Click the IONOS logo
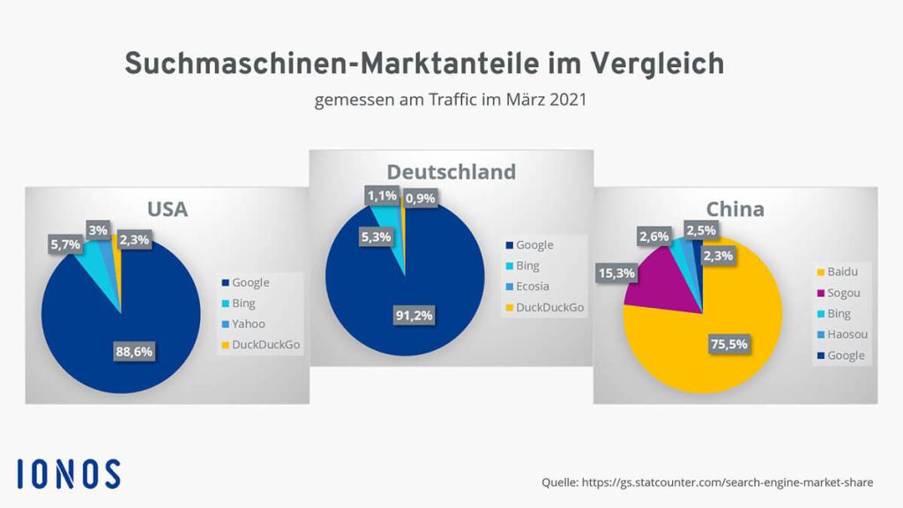point(69,474)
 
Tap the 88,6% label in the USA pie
point(134,351)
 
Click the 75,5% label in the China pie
point(729,344)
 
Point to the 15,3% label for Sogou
point(616,273)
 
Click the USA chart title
point(167,210)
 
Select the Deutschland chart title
point(451,171)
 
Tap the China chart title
point(735,210)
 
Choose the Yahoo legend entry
point(248,324)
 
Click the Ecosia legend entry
point(534,287)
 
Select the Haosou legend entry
point(847,335)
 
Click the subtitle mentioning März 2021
point(451,101)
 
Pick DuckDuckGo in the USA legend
point(265,345)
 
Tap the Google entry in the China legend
point(846,356)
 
